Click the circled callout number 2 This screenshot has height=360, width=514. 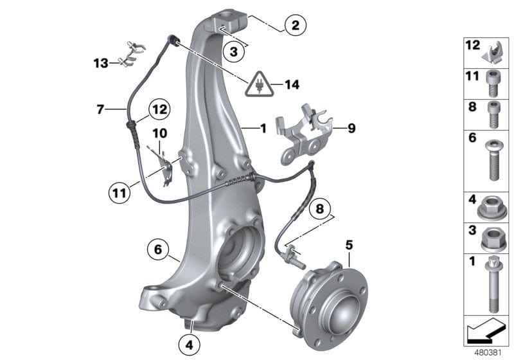coord(295,26)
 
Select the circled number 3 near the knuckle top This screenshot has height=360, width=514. coord(235,52)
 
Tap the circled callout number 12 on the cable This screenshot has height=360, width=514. coord(160,111)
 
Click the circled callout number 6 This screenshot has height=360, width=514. coord(157,248)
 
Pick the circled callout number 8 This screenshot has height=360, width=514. coord(319,208)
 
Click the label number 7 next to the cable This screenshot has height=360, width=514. coord(100,110)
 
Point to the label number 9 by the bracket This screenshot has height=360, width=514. coord(351,129)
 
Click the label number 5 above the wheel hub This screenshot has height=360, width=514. coord(349,245)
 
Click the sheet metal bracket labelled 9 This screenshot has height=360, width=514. coord(302,138)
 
